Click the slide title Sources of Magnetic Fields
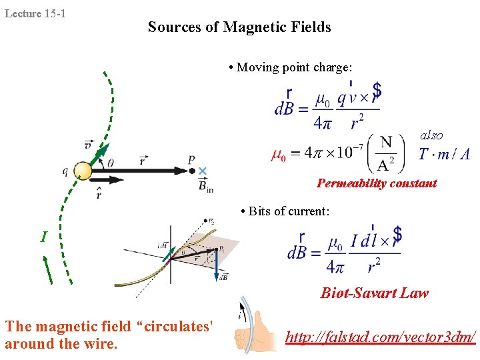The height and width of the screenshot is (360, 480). (x=239, y=27)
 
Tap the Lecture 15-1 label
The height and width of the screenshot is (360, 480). (x=35, y=13)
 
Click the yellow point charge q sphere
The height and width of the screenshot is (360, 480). (x=83, y=171)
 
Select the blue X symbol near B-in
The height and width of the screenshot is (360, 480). (x=203, y=171)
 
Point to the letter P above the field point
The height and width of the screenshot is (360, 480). (x=191, y=160)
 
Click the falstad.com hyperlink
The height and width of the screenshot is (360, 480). (x=381, y=338)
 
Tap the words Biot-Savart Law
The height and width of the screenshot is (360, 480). (x=375, y=293)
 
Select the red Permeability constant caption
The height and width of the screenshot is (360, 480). (x=377, y=183)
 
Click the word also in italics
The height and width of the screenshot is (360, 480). (x=431, y=135)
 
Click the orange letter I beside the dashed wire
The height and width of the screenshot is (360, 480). (x=43, y=237)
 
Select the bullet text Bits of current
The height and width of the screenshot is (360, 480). (x=285, y=211)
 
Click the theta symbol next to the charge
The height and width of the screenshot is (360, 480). (x=110, y=162)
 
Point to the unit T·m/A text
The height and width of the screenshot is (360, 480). (x=444, y=155)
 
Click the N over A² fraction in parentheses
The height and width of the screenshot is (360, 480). (x=385, y=153)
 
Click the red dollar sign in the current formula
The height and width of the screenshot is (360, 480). (x=397, y=234)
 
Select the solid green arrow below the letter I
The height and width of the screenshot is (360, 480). (x=48, y=270)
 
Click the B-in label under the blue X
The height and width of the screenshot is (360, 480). (x=205, y=185)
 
